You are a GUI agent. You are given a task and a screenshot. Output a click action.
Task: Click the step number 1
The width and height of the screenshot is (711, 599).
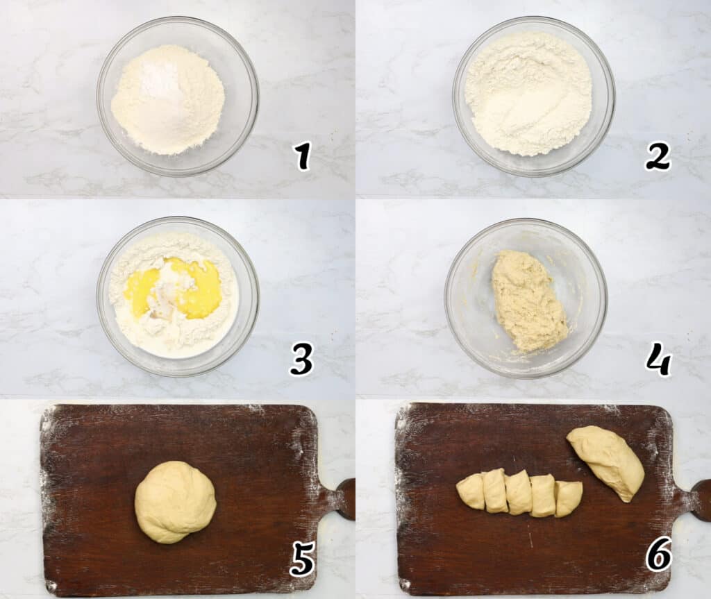click(x=302, y=156)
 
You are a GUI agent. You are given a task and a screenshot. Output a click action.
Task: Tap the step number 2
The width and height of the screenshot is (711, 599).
click(x=658, y=156)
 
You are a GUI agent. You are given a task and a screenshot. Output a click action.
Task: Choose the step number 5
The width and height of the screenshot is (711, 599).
click(x=302, y=560)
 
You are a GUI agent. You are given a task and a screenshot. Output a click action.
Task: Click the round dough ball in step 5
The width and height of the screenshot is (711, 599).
click(x=175, y=502)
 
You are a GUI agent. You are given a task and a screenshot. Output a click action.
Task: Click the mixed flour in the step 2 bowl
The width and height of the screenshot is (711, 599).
click(x=528, y=94)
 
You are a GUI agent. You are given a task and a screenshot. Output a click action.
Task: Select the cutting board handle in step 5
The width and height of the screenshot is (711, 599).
click(x=346, y=499)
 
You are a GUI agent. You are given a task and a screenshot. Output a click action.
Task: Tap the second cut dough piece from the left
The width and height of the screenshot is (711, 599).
click(x=495, y=491)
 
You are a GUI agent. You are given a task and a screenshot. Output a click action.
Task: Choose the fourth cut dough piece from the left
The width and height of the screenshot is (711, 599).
click(x=544, y=496)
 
